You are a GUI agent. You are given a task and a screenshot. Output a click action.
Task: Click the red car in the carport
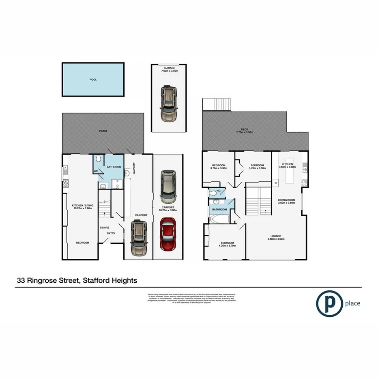pyautogui.click(x=168, y=235)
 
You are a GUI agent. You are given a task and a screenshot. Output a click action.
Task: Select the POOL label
pyautogui.click(x=93, y=80)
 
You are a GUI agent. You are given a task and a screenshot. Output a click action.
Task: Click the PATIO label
pyautogui.click(x=103, y=131)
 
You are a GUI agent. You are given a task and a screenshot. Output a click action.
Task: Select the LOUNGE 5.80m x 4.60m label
pyautogui.click(x=276, y=238)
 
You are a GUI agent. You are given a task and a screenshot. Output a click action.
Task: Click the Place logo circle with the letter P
pyautogui.click(x=329, y=303)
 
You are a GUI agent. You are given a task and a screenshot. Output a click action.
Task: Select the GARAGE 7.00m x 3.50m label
pyautogui.click(x=168, y=70)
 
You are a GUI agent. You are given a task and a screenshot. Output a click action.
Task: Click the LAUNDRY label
pyautogui.click(x=133, y=168)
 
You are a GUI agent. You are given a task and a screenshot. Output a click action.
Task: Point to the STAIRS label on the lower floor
pyautogui.click(x=105, y=228)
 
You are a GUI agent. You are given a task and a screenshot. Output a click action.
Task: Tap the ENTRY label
pyautogui.click(x=111, y=233)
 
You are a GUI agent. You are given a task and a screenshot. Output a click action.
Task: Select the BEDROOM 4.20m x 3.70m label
pyautogui.click(x=226, y=245)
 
